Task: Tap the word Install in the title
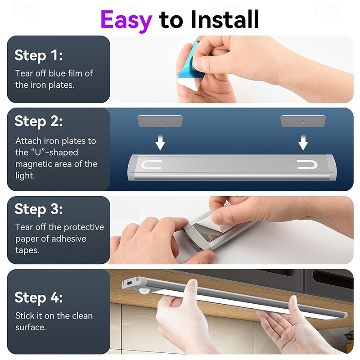coord(225,19)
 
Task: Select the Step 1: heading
coord(39,55)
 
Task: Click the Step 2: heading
coord(39,121)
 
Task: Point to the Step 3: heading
coord(39,209)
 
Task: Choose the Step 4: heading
coord(39,297)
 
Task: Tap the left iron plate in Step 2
coord(160,121)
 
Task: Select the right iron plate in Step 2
coord(303,121)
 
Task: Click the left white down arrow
coord(160,143)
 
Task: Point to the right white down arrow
coord(303,143)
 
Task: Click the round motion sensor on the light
coord(144,292)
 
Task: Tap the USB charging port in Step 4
coord(130,283)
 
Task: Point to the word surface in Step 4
coord(31,328)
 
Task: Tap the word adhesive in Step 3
coord(68,239)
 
